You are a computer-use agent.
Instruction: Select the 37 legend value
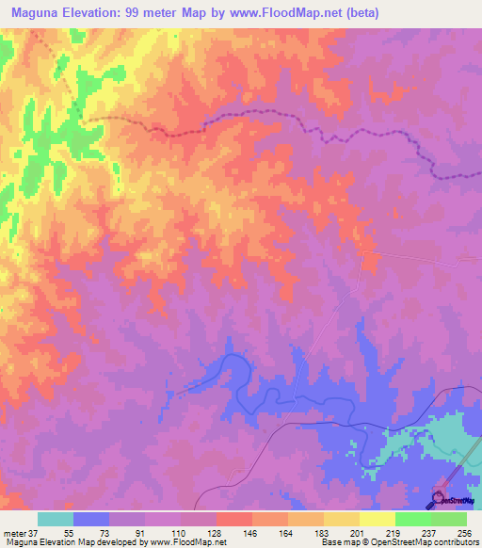click(36, 533)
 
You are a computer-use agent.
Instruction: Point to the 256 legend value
click(461, 533)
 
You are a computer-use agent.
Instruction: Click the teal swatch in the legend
click(56, 519)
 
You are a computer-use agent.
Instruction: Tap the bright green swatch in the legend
click(413, 519)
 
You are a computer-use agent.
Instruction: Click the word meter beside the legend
click(13, 533)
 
